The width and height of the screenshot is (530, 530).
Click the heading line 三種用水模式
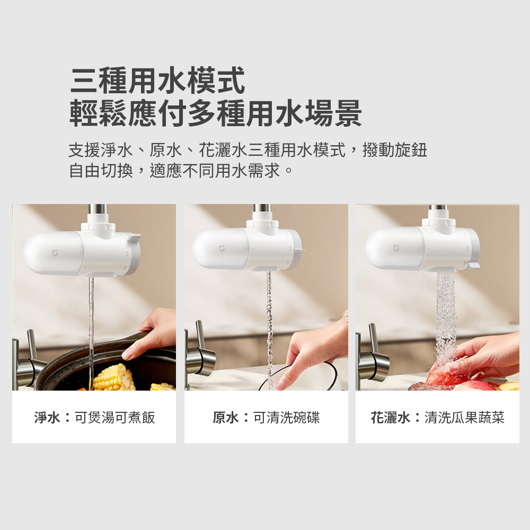tap(157, 81)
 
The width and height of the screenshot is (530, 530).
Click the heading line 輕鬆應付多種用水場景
tap(216, 113)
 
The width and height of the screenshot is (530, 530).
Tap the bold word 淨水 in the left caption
tap(47, 418)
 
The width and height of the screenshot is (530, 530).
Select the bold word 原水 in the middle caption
tap(226, 418)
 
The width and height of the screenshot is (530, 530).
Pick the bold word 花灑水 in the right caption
tap(391, 418)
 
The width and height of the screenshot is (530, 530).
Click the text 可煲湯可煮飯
tap(115, 418)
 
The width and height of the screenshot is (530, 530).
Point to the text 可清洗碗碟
tap(287, 418)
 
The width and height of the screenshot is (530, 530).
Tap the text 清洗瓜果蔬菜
tap(464, 418)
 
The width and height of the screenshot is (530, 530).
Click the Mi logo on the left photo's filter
tap(55, 252)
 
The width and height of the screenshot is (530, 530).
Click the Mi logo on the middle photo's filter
tap(222, 249)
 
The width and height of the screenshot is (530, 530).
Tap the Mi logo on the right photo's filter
tap(396, 249)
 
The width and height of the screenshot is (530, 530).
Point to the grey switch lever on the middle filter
tap(299, 251)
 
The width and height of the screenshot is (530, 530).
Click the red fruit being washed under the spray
tap(443, 375)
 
